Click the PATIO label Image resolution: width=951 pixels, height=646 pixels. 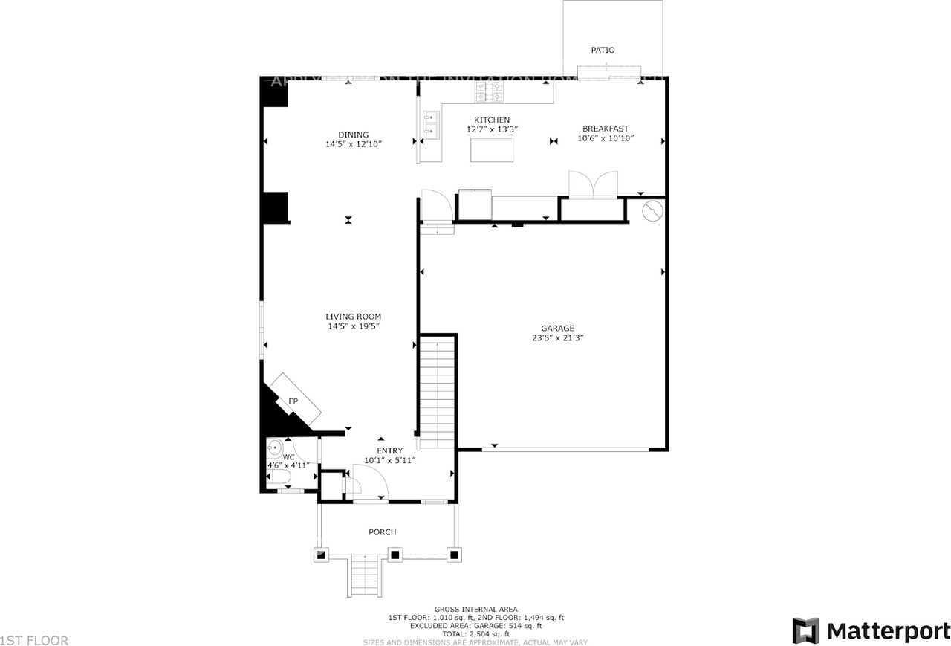coord(603,51)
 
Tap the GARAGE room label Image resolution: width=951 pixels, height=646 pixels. coord(557,328)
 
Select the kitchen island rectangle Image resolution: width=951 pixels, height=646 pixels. coord(492,150)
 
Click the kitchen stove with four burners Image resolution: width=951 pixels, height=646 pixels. coord(490,92)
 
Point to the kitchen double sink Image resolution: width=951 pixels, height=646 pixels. coord(430,124)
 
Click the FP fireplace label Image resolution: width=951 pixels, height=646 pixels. coord(293,402)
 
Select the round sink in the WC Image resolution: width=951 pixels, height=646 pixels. coord(274,448)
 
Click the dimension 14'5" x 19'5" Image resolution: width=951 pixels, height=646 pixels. coord(354,326)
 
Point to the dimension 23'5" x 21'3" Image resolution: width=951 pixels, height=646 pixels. coord(557,337)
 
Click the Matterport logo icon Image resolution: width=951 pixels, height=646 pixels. coord(805,631)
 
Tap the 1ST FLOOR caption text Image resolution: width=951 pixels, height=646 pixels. coord(34,640)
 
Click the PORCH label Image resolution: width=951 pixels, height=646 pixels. coord(383,532)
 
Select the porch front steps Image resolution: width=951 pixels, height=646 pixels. coord(365,577)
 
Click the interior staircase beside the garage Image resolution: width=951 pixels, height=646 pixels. coord(436,390)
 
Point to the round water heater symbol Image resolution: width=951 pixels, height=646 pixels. coord(652,213)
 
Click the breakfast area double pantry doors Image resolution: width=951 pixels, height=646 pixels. coord(592,184)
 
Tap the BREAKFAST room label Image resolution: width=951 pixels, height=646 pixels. coord(606,129)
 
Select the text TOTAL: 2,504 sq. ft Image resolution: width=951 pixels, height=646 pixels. coord(475,634)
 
